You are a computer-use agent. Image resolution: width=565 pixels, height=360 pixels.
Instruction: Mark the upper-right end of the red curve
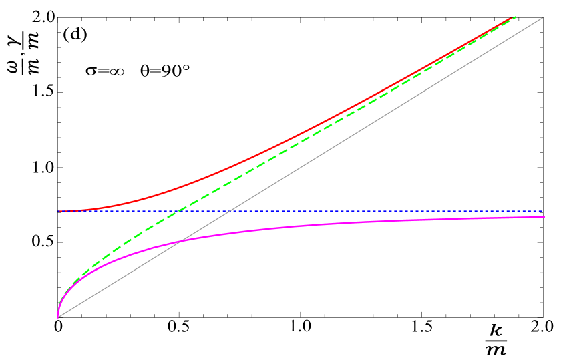513,17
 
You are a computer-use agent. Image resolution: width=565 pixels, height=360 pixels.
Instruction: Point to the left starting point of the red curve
59,211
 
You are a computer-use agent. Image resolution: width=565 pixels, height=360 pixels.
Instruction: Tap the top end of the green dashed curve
516,17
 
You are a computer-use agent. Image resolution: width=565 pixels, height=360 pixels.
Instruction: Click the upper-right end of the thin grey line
543,17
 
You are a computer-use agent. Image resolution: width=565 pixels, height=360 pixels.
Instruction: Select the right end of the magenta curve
544,217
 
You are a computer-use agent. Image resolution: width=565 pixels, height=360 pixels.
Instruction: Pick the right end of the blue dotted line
544,211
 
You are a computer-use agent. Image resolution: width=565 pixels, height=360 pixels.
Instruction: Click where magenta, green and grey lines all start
58,317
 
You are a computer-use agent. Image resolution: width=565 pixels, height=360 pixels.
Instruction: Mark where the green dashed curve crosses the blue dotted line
176,211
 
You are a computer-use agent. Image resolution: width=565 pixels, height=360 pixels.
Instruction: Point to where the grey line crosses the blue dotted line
230,211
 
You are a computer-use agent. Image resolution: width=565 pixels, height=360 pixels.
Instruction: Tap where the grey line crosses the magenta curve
181,241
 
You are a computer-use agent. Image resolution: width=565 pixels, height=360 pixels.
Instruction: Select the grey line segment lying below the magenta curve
120,279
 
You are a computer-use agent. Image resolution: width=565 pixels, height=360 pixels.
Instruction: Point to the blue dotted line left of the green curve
114,211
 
